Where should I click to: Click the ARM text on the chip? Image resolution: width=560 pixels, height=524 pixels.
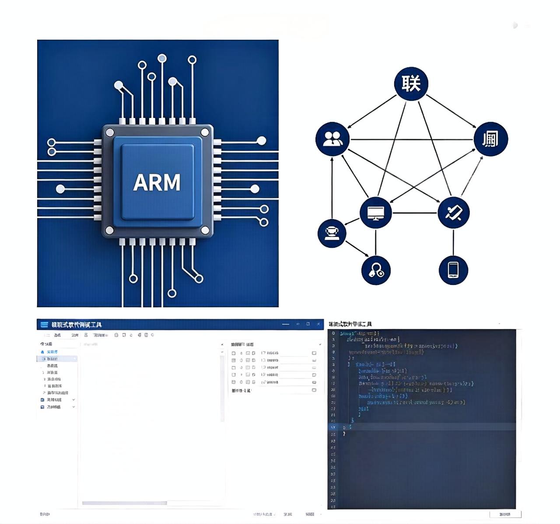coord(157,183)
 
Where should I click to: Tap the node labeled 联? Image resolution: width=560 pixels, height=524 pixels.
coord(411,83)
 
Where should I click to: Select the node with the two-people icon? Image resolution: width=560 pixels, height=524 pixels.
coord(332,139)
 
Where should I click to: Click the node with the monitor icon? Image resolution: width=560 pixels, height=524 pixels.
coord(375,213)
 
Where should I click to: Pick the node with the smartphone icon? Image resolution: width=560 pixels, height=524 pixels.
coord(453,270)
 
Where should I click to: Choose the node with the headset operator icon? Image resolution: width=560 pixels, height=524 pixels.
coord(332,233)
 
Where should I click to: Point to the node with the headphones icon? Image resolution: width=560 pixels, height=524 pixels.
coord(376,270)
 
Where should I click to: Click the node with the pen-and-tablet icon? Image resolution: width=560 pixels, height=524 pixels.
coord(454,213)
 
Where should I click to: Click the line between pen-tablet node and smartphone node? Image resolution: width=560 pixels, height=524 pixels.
coord(454,242)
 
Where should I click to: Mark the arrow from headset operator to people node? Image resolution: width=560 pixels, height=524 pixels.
coord(332,188)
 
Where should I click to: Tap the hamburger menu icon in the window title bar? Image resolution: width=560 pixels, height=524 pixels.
coord(44,324)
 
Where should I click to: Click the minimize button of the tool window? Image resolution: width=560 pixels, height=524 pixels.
coord(286,324)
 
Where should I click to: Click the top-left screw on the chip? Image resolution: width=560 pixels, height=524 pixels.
coord(110,132)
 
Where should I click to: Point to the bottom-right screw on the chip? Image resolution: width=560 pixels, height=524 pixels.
coord(205,230)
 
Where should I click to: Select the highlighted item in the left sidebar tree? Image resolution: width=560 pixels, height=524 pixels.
coord(57,359)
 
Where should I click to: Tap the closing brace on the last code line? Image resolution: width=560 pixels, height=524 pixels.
coord(344,434)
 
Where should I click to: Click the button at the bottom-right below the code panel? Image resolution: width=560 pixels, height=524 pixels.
coord(505,514)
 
